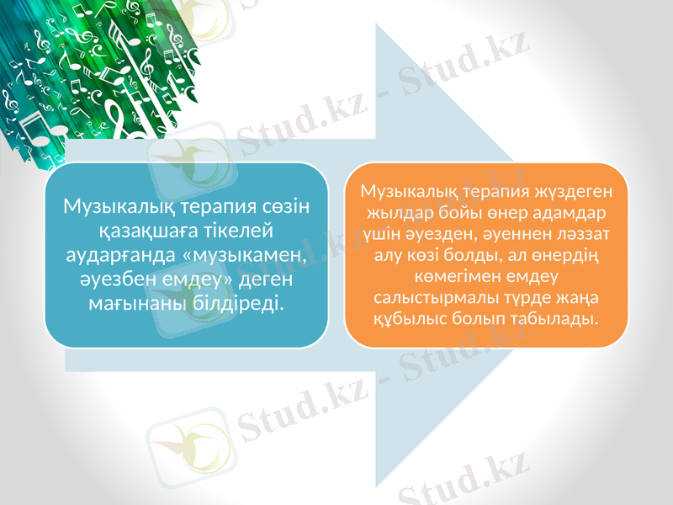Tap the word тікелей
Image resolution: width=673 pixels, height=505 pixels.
238,229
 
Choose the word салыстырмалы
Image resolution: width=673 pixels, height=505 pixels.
428,297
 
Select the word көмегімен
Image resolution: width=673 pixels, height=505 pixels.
455,275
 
